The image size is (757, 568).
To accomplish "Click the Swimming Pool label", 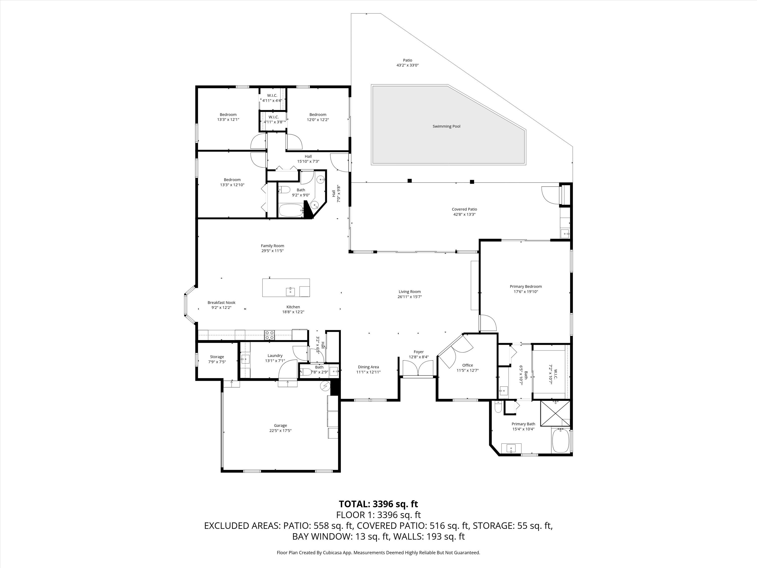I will (446, 126).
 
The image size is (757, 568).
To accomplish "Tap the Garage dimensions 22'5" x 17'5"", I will (280, 431).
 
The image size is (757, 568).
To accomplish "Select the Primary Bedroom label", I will (526, 287).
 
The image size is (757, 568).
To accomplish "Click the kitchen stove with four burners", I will (269, 335).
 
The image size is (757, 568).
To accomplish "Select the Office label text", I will (468, 365).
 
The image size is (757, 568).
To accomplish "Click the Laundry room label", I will (275, 355).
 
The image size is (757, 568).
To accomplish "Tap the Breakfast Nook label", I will (221, 302).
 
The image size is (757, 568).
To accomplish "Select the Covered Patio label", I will (464, 209).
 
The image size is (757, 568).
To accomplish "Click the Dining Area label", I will (368, 367).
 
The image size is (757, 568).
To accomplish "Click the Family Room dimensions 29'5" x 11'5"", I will (273, 251).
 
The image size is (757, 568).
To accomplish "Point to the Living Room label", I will (409, 292).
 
